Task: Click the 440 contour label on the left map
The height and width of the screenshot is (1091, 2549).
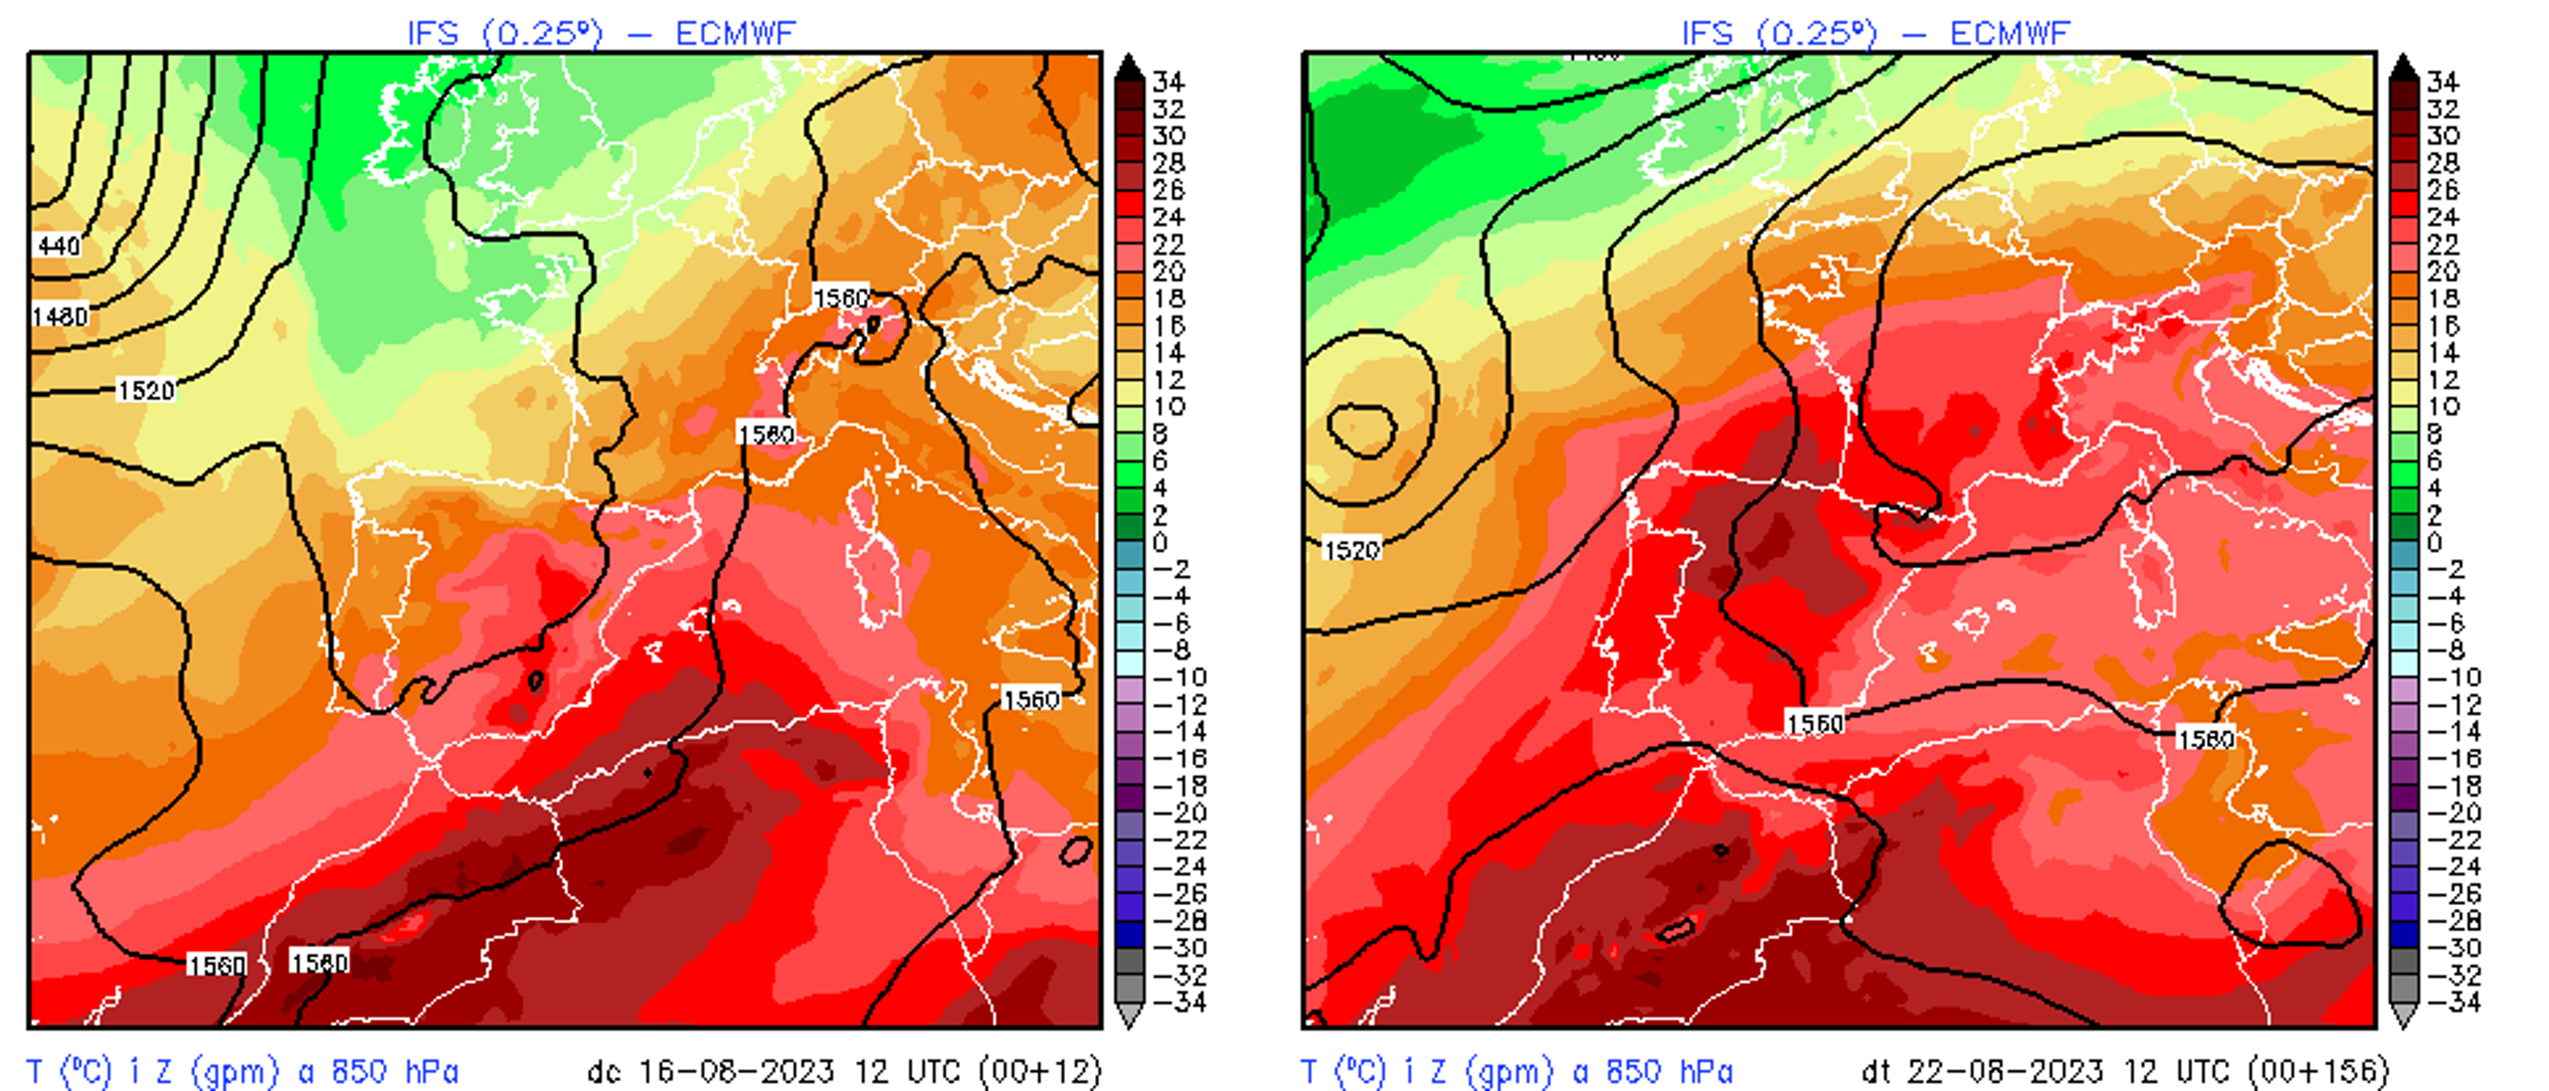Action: click(57, 245)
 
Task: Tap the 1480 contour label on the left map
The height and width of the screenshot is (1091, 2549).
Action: click(60, 317)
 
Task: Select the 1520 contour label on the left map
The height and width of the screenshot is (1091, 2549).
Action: click(145, 390)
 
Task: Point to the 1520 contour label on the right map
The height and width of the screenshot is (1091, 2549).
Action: click(1352, 550)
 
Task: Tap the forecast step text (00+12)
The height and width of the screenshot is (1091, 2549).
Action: click(1039, 1071)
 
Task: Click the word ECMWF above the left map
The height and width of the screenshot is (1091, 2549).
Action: click(735, 34)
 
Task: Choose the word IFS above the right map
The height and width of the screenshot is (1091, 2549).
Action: click(1707, 34)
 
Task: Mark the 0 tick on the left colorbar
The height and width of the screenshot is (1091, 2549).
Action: click(1160, 542)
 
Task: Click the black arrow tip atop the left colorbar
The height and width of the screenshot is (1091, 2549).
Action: click(1129, 64)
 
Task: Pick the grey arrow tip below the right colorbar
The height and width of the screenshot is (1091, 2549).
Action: click(2404, 1017)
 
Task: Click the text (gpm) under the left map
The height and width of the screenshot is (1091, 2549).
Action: click(233, 1071)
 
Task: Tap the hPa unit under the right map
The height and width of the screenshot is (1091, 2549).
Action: click(1703, 1071)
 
